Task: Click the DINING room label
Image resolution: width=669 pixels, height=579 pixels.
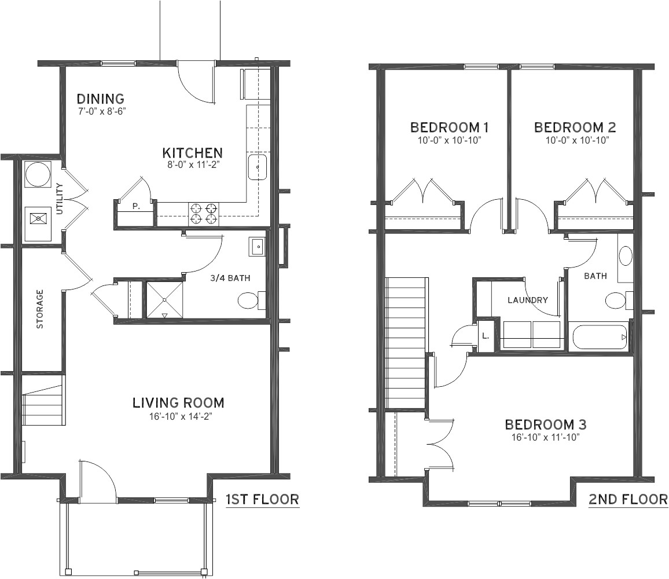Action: tap(100, 99)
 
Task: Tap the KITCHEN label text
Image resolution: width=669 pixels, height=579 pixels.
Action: tap(192, 153)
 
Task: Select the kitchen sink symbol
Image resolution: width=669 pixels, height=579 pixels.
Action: tap(257, 167)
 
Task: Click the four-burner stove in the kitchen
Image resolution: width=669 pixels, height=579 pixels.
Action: tap(204, 213)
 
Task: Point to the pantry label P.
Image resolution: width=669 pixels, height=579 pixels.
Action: tap(135, 206)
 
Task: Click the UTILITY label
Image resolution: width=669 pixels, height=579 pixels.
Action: tap(59, 199)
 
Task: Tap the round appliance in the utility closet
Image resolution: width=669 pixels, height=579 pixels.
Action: tap(38, 174)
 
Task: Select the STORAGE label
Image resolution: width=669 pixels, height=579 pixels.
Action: tap(40, 309)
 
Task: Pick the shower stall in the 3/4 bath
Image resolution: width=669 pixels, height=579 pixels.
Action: tap(164, 299)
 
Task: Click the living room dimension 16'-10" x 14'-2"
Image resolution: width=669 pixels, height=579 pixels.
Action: tap(178, 416)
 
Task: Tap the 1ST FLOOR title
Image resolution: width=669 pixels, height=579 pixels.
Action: tap(262, 499)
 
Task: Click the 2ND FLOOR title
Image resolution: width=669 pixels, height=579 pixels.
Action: tap(627, 499)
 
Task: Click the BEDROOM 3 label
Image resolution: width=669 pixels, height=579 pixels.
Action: tap(546, 425)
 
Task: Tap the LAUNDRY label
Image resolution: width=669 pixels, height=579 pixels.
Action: tap(527, 300)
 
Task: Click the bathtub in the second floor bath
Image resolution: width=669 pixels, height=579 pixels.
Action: tap(599, 337)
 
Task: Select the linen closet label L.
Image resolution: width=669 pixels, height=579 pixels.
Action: tap(486, 335)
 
